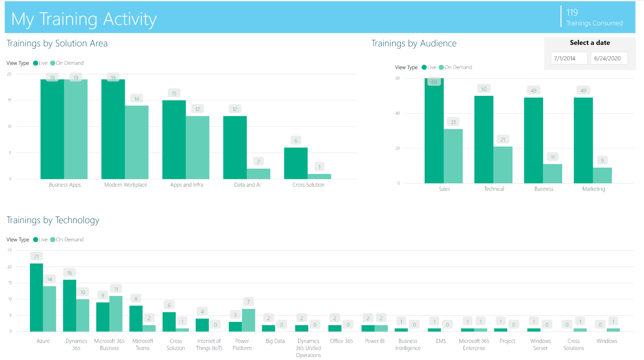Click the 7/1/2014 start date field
569,58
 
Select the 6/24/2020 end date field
608,58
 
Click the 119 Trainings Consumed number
572,13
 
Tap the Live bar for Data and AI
235,147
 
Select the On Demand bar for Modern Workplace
137,142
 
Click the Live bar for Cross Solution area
296,163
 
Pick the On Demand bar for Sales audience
453,156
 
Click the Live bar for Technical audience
484,139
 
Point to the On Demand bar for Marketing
602,175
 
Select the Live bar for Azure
36,297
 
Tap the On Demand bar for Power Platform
249,320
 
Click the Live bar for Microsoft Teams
136,318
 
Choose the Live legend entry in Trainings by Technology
41,240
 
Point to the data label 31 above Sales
453,122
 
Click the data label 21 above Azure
37,257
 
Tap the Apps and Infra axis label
186,185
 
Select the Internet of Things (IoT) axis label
209,345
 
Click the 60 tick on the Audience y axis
397,78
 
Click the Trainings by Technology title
53,220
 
